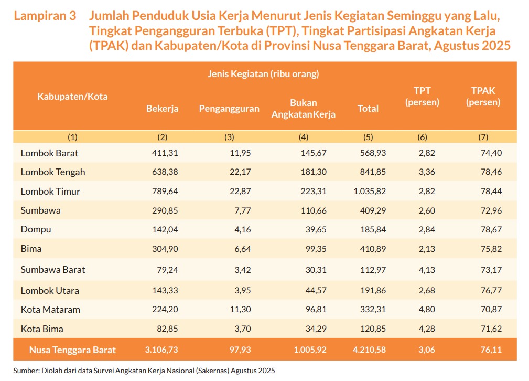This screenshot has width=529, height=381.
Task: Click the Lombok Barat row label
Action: point(50,153)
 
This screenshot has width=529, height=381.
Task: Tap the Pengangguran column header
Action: point(229,109)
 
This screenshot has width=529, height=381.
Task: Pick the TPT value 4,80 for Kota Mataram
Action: point(426,310)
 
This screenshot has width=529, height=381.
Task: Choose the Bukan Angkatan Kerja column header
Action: point(303,109)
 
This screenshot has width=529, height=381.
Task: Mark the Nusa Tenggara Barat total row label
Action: point(72,350)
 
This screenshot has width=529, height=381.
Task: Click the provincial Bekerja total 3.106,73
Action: point(161,350)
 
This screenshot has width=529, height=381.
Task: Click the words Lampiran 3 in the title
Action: point(45,16)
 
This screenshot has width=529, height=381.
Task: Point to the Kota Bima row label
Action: point(42,329)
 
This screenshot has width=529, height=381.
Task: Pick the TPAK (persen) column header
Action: point(483,97)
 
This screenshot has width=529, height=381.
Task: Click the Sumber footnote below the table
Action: point(144,371)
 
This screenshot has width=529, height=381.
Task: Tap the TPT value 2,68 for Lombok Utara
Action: point(426,290)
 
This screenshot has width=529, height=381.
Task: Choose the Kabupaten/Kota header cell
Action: point(72,97)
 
